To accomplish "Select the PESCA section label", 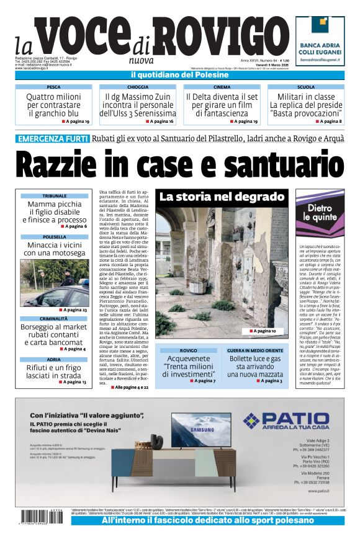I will (53, 87).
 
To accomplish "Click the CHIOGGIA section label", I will (138, 87).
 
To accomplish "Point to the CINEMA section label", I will (222, 87).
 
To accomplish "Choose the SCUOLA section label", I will (305, 87).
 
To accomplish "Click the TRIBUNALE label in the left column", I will (54, 195).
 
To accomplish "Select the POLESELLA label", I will (54, 237).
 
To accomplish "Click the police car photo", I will (54, 283).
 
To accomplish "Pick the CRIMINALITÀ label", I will (54, 319).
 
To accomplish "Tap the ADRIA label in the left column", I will (54, 359).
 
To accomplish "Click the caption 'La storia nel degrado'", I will (222, 197).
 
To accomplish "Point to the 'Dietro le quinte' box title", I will (319, 212).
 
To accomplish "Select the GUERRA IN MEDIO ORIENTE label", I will (255, 350).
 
